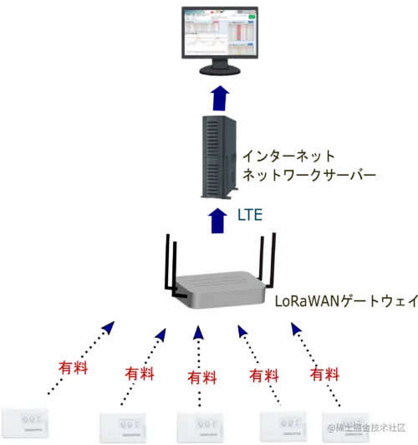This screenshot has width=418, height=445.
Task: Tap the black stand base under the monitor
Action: [x=219, y=73]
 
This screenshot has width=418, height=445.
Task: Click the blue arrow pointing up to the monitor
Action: [x=219, y=97]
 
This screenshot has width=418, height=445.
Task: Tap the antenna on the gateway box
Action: [x=269, y=255]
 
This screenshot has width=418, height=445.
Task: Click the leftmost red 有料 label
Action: [x=74, y=369]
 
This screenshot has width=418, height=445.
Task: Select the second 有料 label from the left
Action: [x=139, y=374]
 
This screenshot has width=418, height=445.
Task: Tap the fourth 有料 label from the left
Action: [x=266, y=374]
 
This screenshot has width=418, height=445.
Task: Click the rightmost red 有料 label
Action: [x=325, y=371]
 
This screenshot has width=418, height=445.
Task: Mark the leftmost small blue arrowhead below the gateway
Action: [x=107, y=329]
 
